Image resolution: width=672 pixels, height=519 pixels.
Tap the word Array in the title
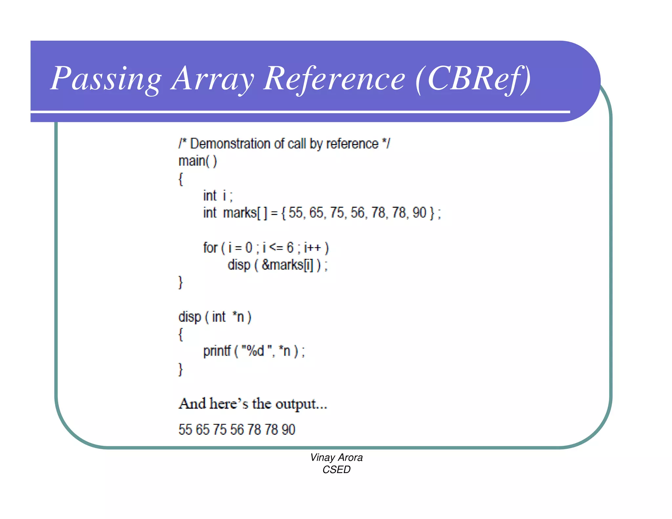[x=212, y=79]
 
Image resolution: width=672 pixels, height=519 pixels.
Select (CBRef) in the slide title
[x=472, y=79]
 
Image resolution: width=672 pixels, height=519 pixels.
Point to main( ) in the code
[x=198, y=161]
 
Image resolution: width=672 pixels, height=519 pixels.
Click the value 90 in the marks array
[x=419, y=213]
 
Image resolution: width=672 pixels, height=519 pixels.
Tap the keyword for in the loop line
[x=210, y=247]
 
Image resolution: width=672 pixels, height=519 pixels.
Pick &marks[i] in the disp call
[x=287, y=265]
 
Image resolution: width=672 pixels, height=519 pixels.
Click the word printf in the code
[x=217, y=351]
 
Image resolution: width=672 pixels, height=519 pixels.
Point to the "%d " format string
[x=257, y=351]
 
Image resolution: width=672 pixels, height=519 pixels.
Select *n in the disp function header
[x=238, y=317]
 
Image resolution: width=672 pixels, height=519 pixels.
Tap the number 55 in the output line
[x=185, y=429]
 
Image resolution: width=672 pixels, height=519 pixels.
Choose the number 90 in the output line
[x=288, y=429]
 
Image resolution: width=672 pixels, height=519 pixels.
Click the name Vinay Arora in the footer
[x=336, y=457]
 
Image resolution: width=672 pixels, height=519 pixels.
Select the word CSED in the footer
[x=336, y=469]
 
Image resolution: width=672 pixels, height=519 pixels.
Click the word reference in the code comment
[x=352, y=144]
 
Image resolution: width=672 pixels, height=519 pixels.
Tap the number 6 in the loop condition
[x=290, y=247]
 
